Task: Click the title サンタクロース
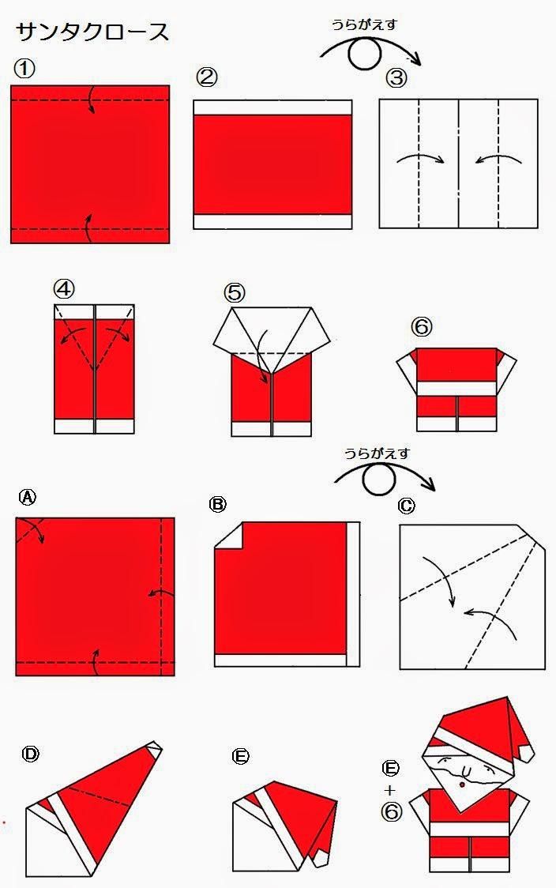(92, 32)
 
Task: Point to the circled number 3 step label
(396, 78)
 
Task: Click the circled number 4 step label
(64, 289)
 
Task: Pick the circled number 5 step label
(235, 293)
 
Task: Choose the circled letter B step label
(218, 504)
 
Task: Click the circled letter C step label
(406, 505)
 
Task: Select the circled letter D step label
(30, 754)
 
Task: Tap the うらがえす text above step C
(376, 453)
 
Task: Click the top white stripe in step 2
(272, 107)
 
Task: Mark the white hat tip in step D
(153, 747)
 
